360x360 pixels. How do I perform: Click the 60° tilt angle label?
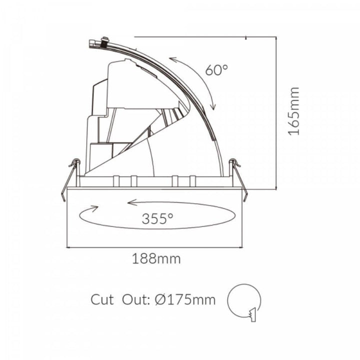click(216, 69)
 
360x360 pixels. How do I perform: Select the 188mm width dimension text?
click(156, 259)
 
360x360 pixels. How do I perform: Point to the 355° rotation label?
click(157, 218)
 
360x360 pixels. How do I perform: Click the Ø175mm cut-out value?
click(185, 299)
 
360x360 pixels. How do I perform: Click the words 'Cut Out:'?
click(119, 299)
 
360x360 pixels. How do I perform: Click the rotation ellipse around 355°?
click(157, 215)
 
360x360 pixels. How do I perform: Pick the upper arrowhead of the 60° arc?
click(171, 59)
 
